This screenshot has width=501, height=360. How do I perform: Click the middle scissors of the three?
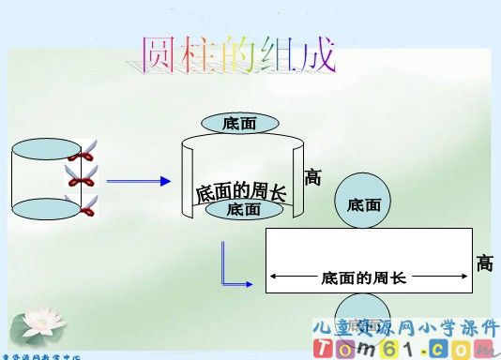[x=82, y=175]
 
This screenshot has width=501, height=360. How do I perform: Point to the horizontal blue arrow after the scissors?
[x=141, y=181]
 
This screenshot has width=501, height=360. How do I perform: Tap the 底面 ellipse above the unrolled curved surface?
[x=239, y=124]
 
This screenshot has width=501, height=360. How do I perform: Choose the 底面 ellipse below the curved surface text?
[x=243, y=209]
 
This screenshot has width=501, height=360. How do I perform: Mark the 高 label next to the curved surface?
[x=312, y=176]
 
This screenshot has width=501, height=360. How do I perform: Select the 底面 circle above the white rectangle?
[x=363, y=203]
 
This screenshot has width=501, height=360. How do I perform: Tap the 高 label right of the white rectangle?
[x=484, y=263]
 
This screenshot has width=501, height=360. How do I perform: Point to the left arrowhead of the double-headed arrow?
[x=273, y=277]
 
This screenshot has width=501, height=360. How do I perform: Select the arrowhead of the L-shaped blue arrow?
[x=249, y=283]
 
